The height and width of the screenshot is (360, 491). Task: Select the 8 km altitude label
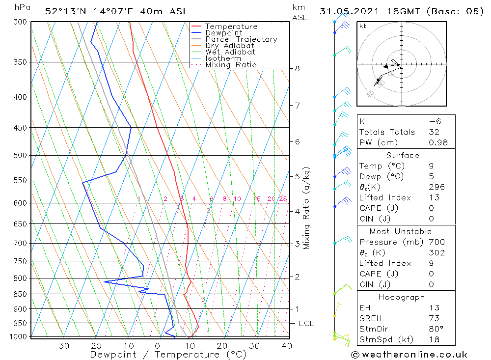click(297, 69)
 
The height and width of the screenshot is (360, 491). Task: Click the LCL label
click(306, 324)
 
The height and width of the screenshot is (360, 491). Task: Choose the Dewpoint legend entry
click(223, 33)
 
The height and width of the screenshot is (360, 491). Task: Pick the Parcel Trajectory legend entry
click(241, 39)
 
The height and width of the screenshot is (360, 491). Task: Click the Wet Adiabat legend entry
click(230, 52)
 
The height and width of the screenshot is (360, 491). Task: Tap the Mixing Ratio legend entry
click(231, 65)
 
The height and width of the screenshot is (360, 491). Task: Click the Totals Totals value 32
click(434, 132)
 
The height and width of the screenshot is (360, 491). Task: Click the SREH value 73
click(434, 319)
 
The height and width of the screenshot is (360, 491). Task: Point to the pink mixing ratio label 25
click(283, 199)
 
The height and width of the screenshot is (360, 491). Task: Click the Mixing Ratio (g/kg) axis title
click(307, 208)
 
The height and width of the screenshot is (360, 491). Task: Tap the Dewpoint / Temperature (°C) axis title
click(168, 355)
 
